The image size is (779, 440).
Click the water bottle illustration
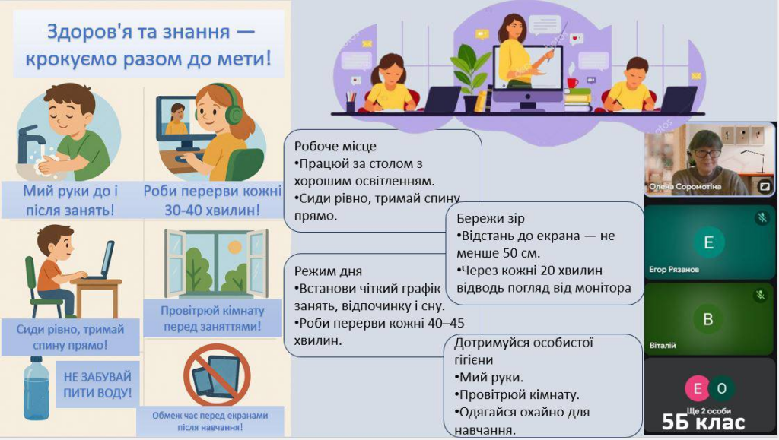coord(37,388)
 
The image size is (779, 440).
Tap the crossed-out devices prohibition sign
coord(217,375)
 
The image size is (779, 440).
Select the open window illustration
coord(216,264)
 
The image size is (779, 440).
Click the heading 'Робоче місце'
coord(335,147)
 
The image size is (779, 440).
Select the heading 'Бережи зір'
coord(491,218)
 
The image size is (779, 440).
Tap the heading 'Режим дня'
coord(328,271)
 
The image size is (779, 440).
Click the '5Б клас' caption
coord(703,423)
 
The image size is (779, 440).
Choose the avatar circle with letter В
coord(708,319)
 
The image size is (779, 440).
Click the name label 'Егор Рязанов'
coord(674,270)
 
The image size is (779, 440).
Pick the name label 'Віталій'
coord(663,346)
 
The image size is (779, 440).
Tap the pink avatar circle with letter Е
coord(698,388)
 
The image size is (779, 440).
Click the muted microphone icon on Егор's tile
coord(762,217)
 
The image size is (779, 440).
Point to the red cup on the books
coord(573,82)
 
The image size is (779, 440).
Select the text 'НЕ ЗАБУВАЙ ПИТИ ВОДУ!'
coord(97,385)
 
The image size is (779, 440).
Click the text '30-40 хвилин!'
coord(212,211)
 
